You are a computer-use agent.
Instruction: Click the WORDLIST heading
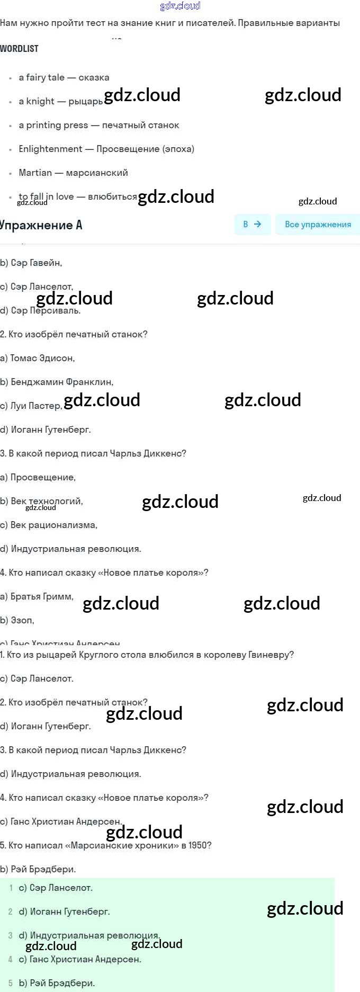click(19, 49)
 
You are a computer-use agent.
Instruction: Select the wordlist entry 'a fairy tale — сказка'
click(64, 77)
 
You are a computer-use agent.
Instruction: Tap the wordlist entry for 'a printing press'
click(98, 125)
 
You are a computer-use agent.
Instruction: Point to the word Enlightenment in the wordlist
click(50, 149)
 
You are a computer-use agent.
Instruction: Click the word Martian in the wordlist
click(35, 173)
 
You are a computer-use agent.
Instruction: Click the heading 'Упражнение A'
click(41, 225)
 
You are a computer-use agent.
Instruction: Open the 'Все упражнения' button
click(318, 225)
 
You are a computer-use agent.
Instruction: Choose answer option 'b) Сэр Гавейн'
click(31, 263)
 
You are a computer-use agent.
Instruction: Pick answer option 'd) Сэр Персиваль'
click(40, 311)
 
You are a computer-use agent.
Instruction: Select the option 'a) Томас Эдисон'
click(37, 359)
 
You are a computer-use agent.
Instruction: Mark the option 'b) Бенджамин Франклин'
click(57, 382)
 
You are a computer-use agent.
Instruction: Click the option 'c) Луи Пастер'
click(31, 406)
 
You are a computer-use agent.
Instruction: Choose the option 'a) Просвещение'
click(38, 478)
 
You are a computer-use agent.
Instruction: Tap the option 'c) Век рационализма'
click(49, 525)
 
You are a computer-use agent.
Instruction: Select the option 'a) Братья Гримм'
click(37, 597)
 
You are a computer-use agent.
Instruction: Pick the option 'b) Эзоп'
click(17, 621)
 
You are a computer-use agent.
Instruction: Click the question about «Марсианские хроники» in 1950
click(106, 846)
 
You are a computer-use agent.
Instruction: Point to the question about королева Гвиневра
click(147, 655)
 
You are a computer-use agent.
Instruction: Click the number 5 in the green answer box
click(11, 984)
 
